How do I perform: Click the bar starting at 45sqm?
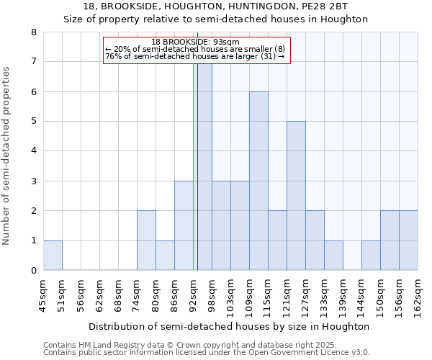coord(53,256)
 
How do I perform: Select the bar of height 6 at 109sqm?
coord(258,181)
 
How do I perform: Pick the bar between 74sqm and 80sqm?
coord(146,240)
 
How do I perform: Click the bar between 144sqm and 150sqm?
coord(371,256)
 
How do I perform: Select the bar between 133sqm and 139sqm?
coord(333,256)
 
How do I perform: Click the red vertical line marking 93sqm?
coord(197,166)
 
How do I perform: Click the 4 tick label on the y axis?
coord(33,151)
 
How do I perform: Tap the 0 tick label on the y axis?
coord(33,271)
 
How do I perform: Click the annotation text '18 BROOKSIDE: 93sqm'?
coord(195,42)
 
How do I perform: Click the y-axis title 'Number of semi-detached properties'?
coord(7,156)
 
